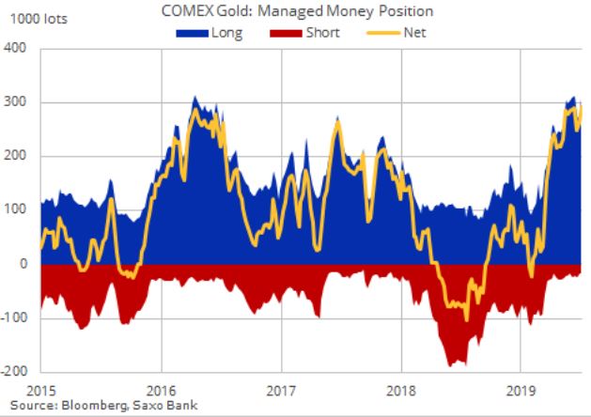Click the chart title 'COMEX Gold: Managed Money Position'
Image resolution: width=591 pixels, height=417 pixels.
(297, 10)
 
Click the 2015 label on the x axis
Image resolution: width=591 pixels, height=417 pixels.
(41, 388)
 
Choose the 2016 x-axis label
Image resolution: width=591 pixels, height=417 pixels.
(162, 388)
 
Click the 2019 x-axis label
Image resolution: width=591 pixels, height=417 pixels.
(521, 388)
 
